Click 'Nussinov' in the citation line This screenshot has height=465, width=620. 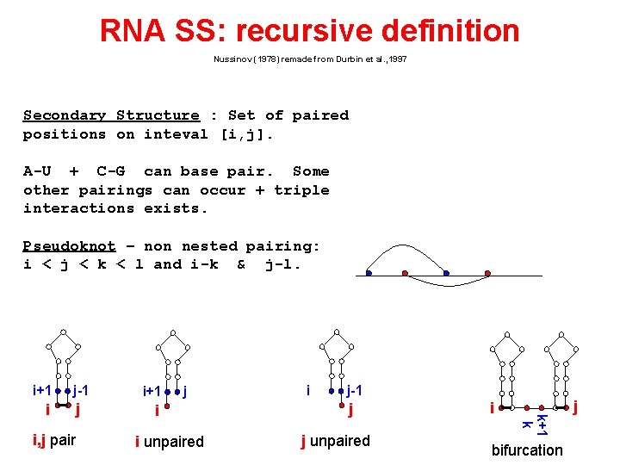(232, 59)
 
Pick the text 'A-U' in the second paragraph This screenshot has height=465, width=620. (37, 171)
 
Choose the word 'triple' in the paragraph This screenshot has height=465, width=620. (301, 190)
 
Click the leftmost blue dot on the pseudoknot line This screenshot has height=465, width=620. (368, 274)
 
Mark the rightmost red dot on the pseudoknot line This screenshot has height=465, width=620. (487, 274)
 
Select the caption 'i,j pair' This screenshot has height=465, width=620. (54, 441)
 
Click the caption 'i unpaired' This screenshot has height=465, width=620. (169, 442)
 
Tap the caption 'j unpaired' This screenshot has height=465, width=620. (335, 441)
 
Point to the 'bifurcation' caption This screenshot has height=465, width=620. (527, 450)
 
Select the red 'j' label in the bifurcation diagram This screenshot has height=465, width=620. (574, 405)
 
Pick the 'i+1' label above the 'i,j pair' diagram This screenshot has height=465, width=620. (41, 390)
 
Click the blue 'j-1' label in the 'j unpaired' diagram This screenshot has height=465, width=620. (355, 390)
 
